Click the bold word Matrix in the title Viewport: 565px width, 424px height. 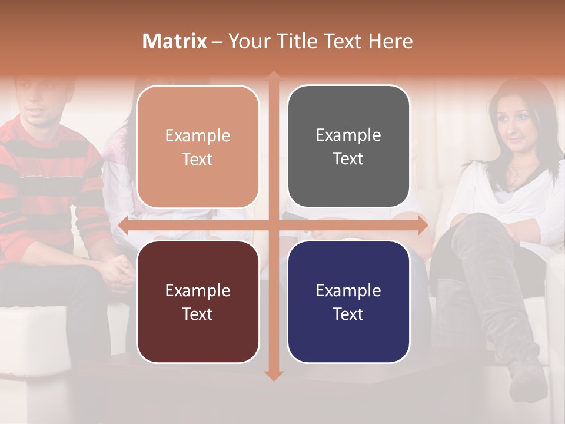174,41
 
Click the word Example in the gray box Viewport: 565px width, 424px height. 348,135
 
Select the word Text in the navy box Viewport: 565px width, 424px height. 348,314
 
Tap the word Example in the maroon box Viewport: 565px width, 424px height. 198,290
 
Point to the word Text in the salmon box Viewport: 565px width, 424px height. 198,159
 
